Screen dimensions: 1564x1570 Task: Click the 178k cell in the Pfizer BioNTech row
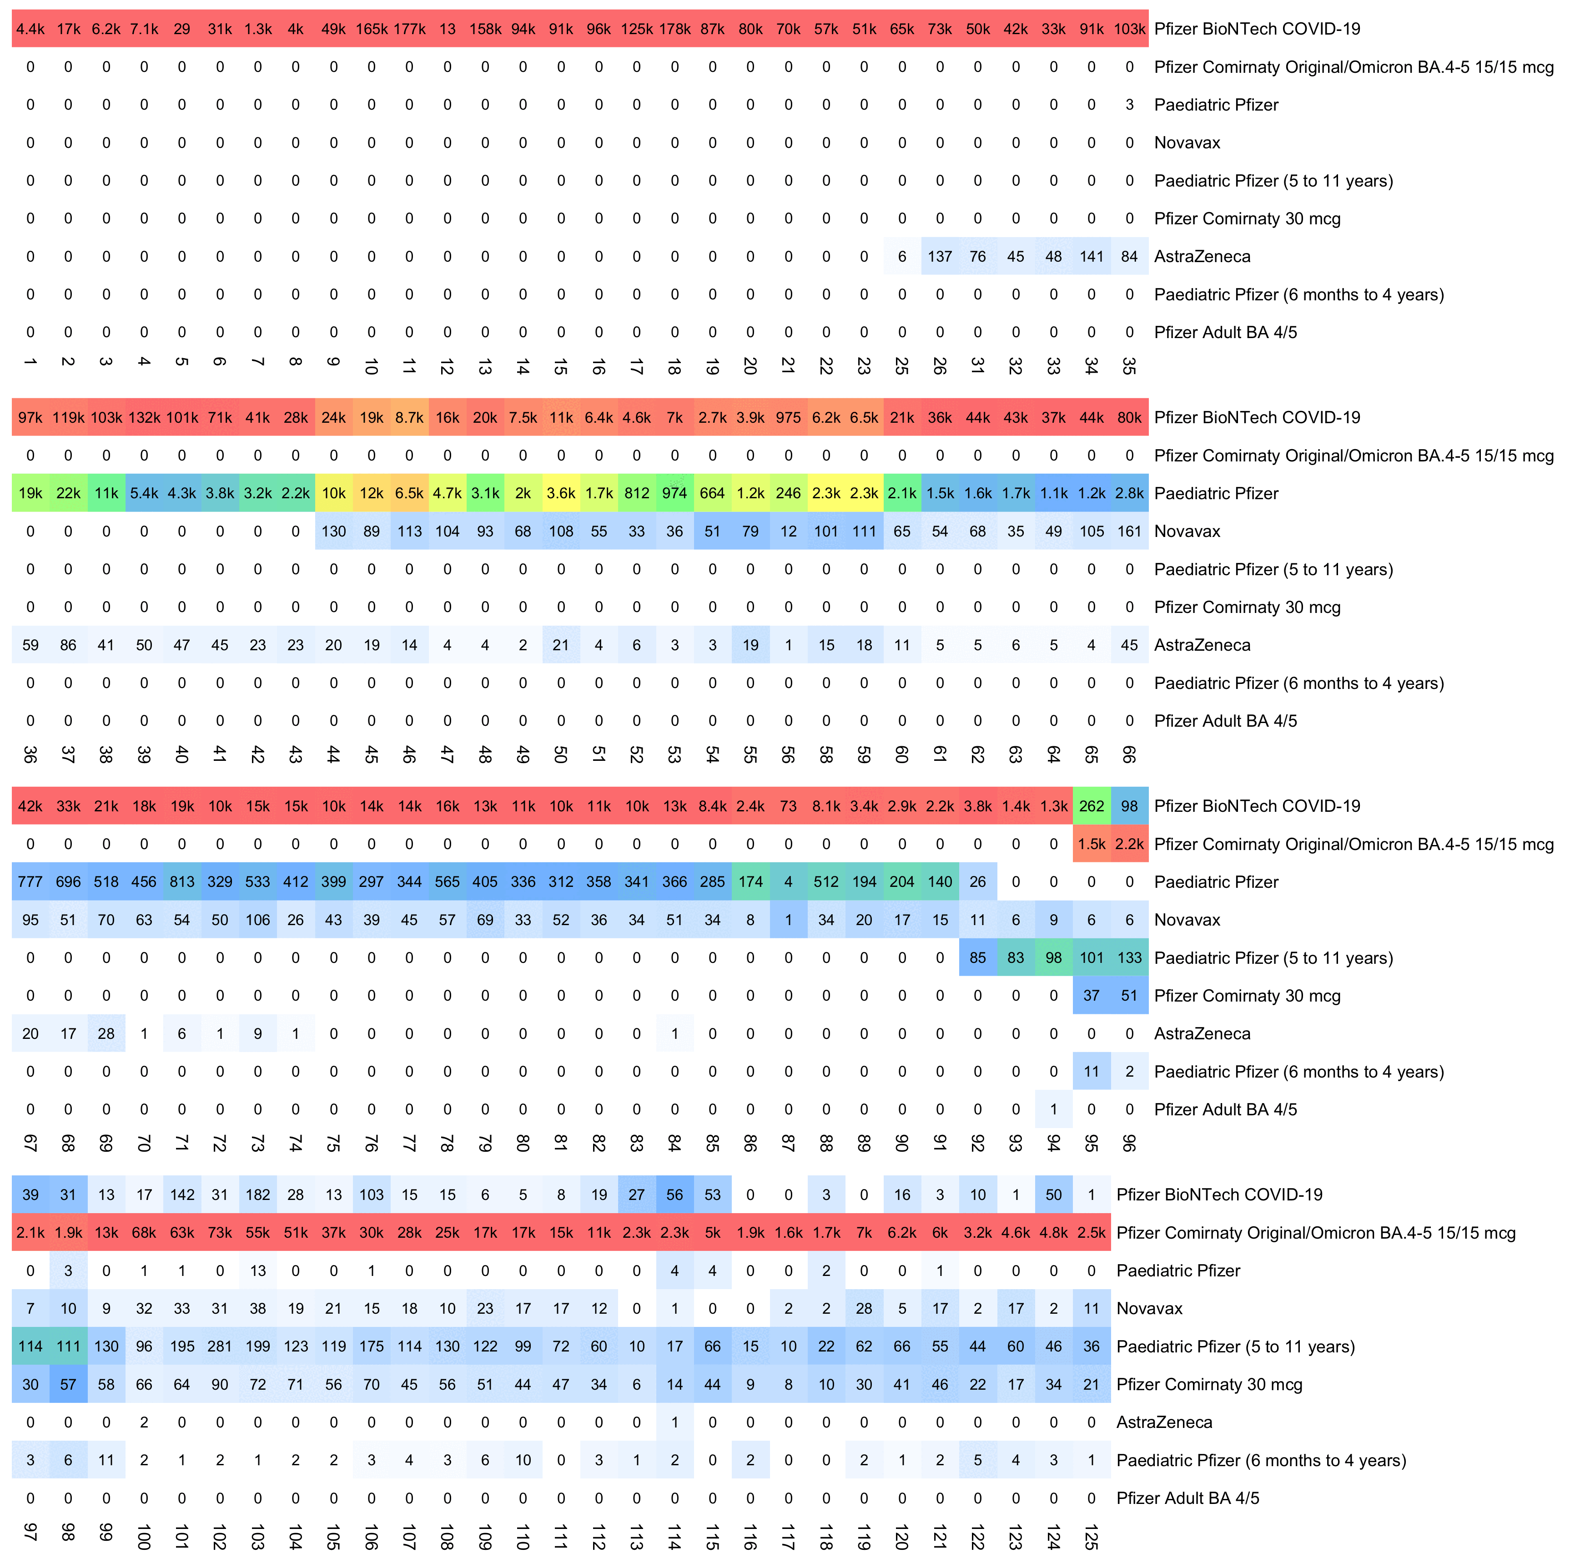pos(674,29)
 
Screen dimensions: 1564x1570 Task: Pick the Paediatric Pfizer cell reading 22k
pos(68,493)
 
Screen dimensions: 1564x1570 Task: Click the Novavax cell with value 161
pos(1130,531)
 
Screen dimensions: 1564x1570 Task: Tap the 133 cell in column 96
pos(1130,957)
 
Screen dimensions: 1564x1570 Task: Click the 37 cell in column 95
pos(1092,996)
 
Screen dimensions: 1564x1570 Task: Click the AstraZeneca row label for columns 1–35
pos(1202,257)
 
